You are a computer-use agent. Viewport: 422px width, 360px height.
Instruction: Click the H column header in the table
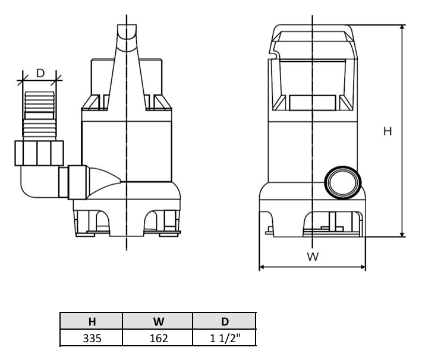click(x=92, y=321)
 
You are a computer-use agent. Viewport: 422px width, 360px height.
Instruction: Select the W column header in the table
click(x=159, y=321)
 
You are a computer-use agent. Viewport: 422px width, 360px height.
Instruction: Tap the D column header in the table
click(x=225, y=321)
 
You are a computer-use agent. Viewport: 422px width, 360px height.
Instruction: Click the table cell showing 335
click(x=92, y=338)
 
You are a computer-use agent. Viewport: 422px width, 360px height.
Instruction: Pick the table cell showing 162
click(x=159, y=338)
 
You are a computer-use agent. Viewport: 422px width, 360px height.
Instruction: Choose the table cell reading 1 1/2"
click(x=225, y=338)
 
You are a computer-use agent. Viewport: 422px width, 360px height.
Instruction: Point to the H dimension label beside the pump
click(x=388, y=131)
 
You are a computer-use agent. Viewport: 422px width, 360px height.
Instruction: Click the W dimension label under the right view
click(x=313, y=257)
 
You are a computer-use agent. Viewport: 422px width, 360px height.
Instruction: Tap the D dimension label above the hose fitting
click(x=40, y=73)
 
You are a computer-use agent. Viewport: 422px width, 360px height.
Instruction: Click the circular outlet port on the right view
click(x=342, y=182)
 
